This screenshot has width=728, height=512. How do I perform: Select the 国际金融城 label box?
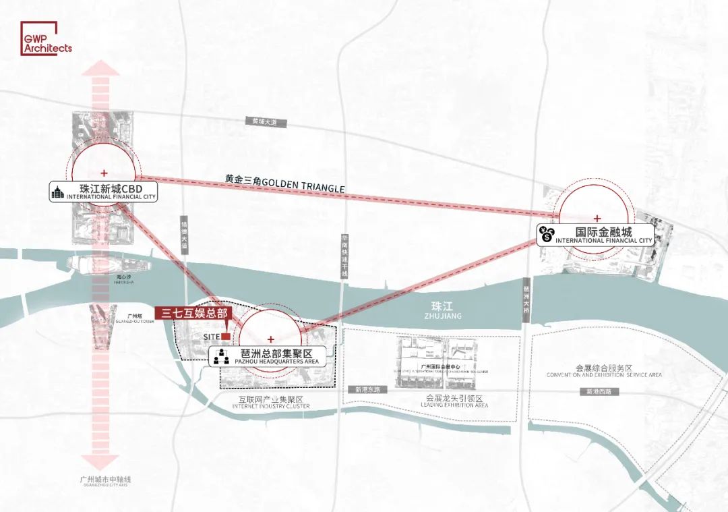point(596,235)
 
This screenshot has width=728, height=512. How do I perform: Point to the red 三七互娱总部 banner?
point(195,313)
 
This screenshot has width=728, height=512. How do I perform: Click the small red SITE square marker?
point(226,336)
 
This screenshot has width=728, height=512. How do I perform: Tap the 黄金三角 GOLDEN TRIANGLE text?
point(284,185)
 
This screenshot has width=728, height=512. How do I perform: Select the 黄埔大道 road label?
point(265,122)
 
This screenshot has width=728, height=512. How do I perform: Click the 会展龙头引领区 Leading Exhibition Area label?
point(454,401)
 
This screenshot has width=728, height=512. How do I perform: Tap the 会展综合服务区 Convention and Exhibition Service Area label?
point(604,371)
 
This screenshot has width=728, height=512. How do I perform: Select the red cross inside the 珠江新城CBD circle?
point(104,173)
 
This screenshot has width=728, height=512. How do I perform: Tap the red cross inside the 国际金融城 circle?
point(597,218)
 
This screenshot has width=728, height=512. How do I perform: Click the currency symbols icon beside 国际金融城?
point(546,235)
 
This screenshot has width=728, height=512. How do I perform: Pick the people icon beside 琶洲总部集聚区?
point(222,356)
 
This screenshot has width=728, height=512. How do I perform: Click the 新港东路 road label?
point(367,389)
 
